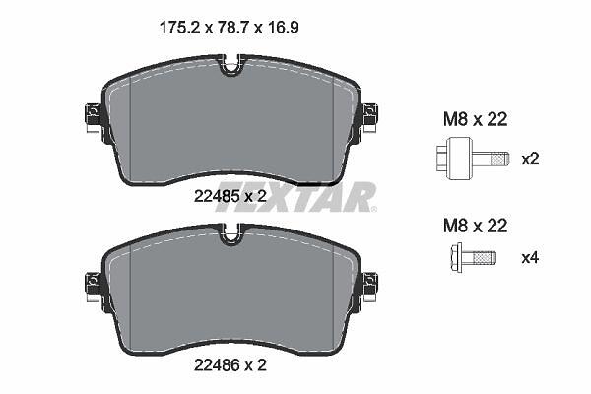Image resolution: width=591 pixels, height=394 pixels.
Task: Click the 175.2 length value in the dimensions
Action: click(179, 28)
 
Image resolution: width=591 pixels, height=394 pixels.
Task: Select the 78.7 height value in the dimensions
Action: click(231, 28)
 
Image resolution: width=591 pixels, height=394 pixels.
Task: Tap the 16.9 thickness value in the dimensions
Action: click(282, 28)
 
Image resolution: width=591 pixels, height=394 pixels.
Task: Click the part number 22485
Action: click(217, 196)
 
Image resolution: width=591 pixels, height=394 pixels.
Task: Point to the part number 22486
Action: click(217, 365)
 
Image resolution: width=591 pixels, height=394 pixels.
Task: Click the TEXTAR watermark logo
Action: click(295, 197)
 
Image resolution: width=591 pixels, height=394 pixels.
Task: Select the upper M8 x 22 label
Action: click(476, 119)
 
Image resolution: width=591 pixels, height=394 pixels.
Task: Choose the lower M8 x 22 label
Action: click(476, 226)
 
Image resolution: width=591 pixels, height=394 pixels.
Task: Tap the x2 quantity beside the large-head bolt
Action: click(530, 160)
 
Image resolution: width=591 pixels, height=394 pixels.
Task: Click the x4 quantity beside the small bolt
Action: click(530, 258)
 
